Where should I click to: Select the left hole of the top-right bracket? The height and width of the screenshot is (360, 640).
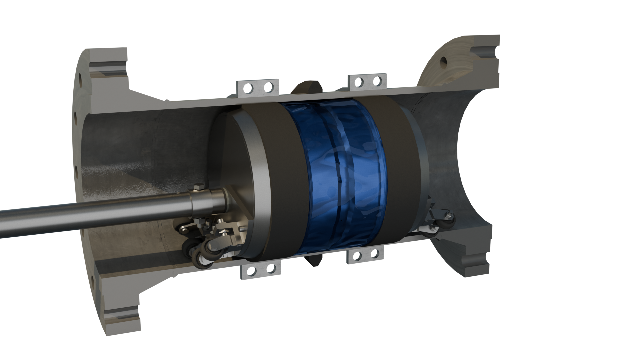(x=359, y=82)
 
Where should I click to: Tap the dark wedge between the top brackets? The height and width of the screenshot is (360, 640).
(x=306, y=87)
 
